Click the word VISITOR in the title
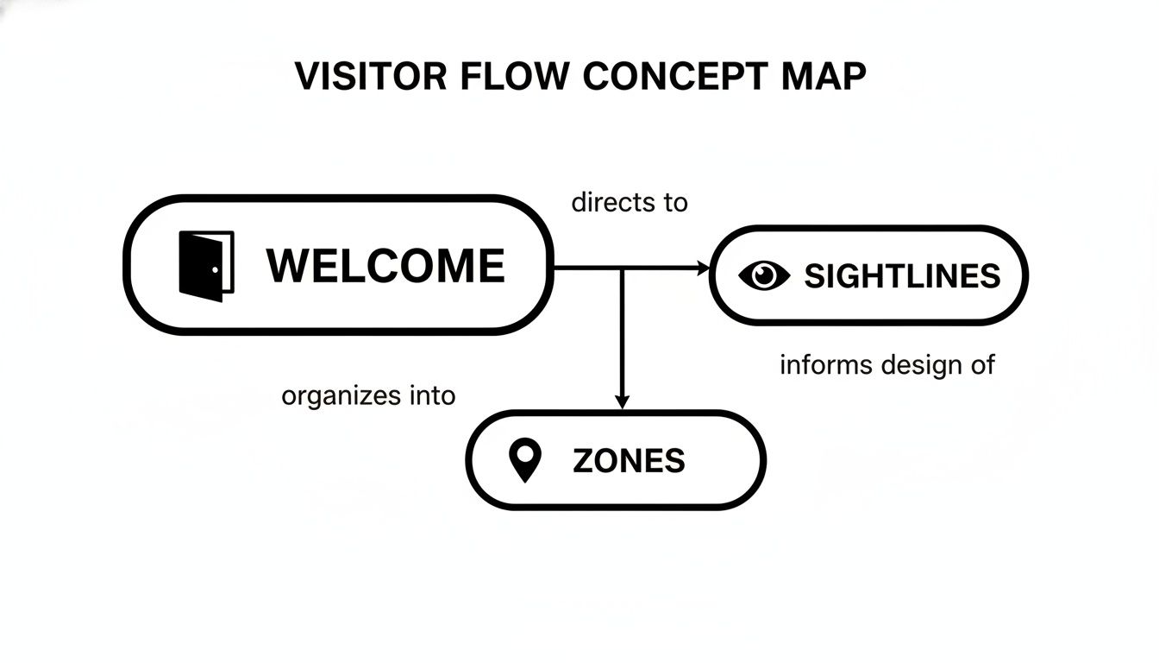[x=372, y=77]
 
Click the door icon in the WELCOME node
[x=206, y=265]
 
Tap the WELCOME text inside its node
[x=385, y=265]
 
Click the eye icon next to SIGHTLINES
[x=764, y=275]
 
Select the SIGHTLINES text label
[x=902, y=276]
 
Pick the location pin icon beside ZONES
[x=525, y=460]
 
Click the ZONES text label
[x=629, y=461]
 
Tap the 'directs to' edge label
[x=630, y=203]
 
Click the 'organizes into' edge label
[x=368, y=396]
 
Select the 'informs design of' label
[x=887, y=365]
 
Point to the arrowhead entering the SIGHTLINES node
[x=701, y=268]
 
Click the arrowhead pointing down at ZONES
[x=622, y=401]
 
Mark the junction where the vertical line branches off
[x=622, y=268]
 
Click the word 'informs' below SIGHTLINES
[x=824, y=365]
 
